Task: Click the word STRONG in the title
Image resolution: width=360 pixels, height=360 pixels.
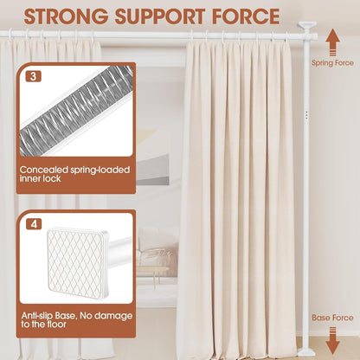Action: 66,16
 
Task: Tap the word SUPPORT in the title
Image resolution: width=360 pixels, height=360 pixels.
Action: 160,16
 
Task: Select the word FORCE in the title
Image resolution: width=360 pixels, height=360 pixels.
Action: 246,16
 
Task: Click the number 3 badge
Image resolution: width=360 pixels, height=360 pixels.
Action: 34,76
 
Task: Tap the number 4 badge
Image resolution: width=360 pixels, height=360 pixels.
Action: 34,224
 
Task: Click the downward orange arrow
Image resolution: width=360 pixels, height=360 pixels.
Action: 332,341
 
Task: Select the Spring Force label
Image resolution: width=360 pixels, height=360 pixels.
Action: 332,63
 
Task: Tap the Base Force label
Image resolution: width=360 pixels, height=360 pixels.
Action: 332,318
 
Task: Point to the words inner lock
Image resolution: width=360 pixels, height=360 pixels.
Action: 41,178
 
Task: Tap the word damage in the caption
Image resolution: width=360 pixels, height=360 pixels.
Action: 113,316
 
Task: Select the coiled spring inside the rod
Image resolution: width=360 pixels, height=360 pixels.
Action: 77,111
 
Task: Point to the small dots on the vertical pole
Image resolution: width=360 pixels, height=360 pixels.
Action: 306,114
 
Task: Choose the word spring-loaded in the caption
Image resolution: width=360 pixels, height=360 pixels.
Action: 100,170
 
